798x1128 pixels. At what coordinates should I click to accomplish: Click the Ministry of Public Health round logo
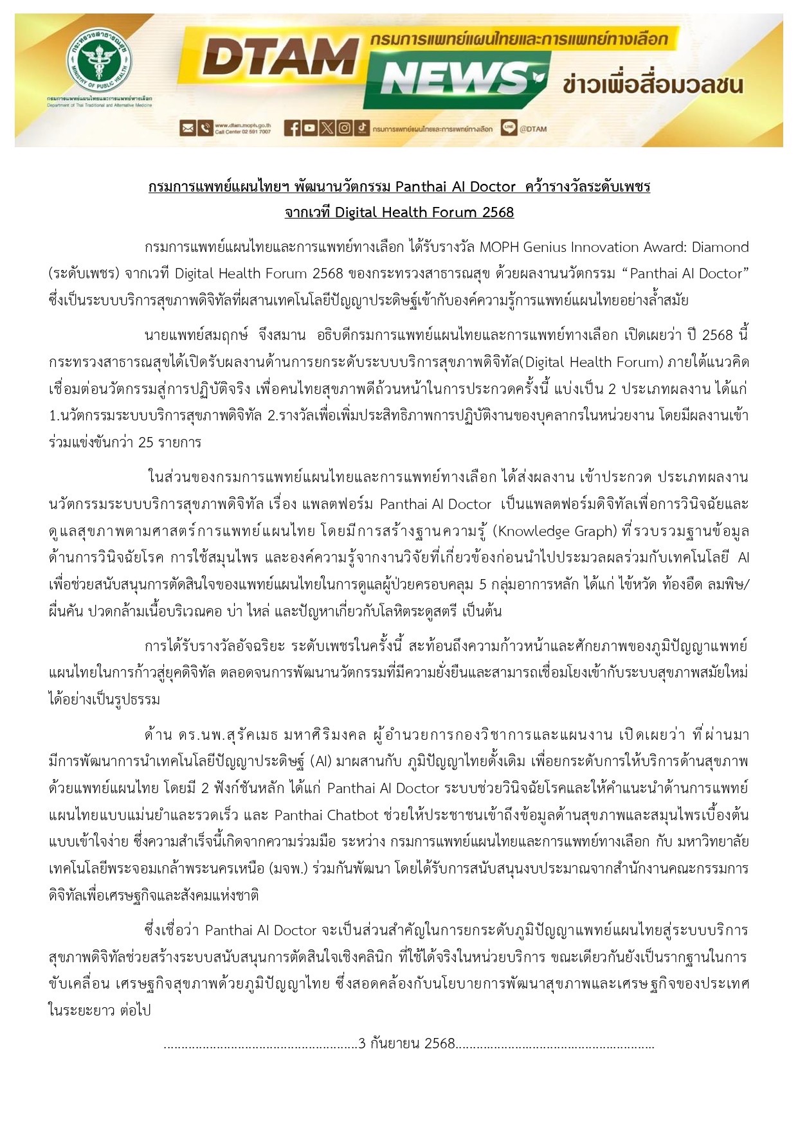(x=100, y=67)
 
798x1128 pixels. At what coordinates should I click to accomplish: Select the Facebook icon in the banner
(x=292, y=129)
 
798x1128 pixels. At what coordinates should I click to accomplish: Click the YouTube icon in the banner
(x=309, y=129)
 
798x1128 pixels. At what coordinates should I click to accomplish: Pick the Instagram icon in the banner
(x=345, y=129)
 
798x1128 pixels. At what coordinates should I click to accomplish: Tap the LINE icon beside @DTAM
(x=509, y=128)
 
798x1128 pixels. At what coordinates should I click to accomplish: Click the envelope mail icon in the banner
(x=187, y=129)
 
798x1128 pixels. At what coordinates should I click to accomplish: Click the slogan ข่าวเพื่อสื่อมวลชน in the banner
(x=652, y=84)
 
